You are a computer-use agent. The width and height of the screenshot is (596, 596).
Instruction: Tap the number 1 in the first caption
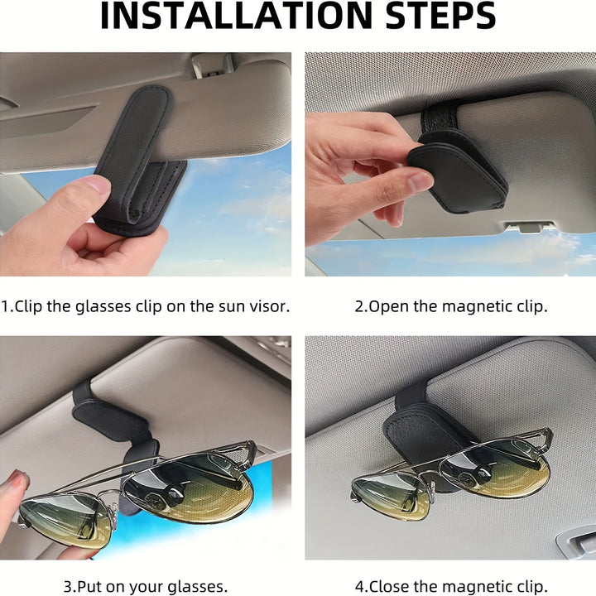click(x=4, y=306)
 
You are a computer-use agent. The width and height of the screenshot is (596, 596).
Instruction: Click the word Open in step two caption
click(x=387, y=306)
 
